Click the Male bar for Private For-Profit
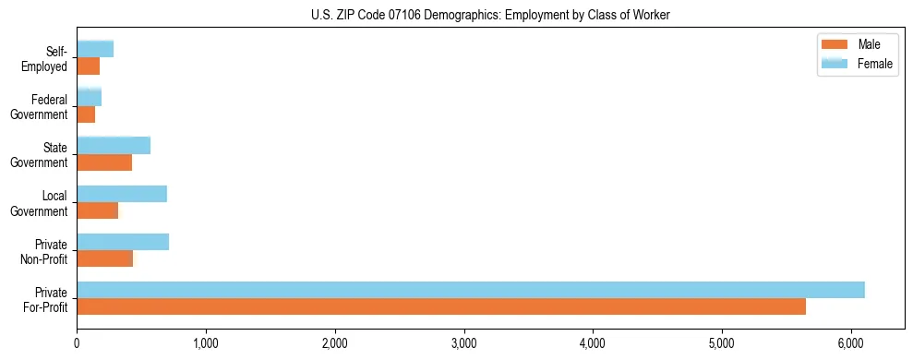tap(441, 306)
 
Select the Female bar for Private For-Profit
tap(471, 290)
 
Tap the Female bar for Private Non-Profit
tap(123, 242)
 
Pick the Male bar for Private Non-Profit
tap(105, 258)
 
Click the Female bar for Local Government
tap(122, 194)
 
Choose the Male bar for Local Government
tap(98, 210)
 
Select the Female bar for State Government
tap(114, 146)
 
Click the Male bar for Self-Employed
tap(89, 66)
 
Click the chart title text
tap(490, 14)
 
